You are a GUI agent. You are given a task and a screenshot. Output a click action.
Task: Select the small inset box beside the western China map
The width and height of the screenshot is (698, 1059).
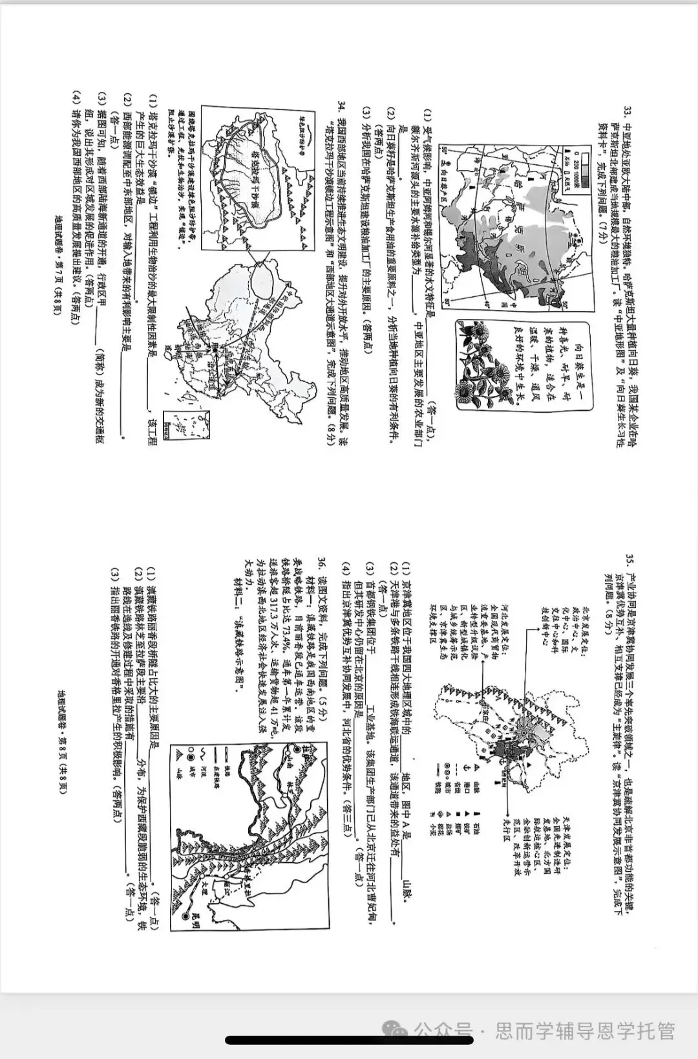click(175, 427)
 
